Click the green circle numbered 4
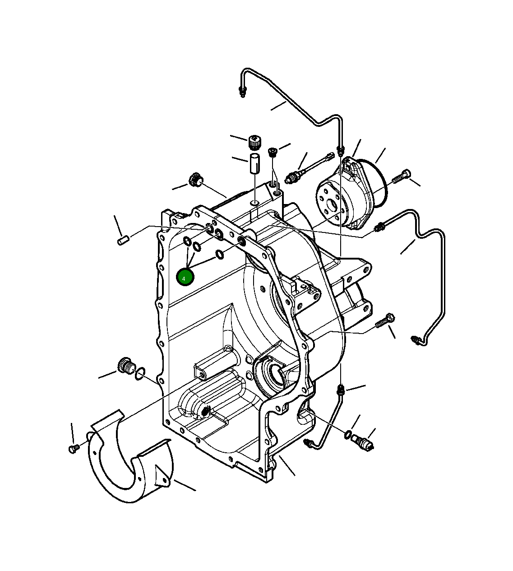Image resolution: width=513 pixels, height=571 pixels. click(185, 277)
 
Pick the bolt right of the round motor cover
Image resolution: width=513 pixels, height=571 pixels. click(401, 176)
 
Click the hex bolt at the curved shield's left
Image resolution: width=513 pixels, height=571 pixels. click(73, 448)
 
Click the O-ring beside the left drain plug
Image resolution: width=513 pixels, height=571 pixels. click(140, 374)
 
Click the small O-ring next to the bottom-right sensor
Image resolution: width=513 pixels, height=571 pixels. click(348, 435)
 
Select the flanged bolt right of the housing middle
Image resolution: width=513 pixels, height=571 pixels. click(385, 321)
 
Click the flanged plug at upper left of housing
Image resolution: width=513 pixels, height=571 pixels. click(195, 179)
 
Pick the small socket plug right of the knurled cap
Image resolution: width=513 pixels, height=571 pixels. click(273, 152)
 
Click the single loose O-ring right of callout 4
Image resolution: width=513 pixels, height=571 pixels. click(219, 255)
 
